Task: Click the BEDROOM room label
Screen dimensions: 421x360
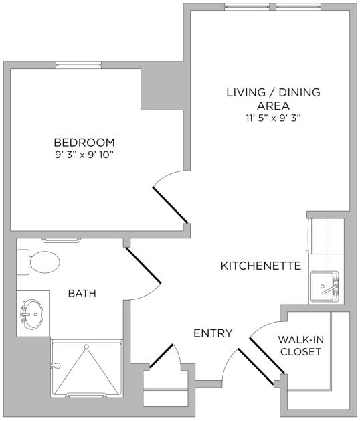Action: point(84,143)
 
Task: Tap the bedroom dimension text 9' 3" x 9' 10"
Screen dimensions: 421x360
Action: point(84,156)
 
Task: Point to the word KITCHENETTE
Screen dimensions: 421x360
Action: point(260,266)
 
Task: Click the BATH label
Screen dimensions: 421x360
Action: point(82,293)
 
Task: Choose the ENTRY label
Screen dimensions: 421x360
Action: point(213,333)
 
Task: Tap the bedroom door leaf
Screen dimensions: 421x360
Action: point(170,204)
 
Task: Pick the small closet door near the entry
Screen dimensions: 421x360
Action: point(162,357)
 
